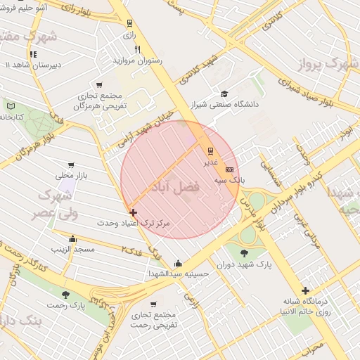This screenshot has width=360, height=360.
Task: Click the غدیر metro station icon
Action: coord(210,151)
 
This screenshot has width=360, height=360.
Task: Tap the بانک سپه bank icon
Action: coord(229,169)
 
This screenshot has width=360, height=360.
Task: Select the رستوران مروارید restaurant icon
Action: coord(138,49)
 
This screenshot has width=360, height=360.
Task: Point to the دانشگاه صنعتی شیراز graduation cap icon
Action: coord(224,94)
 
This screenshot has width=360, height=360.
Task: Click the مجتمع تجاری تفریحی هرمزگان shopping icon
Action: coord(100,84)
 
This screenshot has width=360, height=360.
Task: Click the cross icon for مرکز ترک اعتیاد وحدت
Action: coord(133,212)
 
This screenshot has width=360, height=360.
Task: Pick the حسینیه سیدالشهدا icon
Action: coord(177,264)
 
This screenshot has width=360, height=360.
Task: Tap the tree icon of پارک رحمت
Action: coord(65,295)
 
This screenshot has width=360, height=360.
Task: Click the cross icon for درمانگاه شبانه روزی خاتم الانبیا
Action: coord(305,290)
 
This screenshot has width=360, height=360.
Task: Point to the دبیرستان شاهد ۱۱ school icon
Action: coord(32,54)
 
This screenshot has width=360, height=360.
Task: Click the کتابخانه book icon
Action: coord(10,105)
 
